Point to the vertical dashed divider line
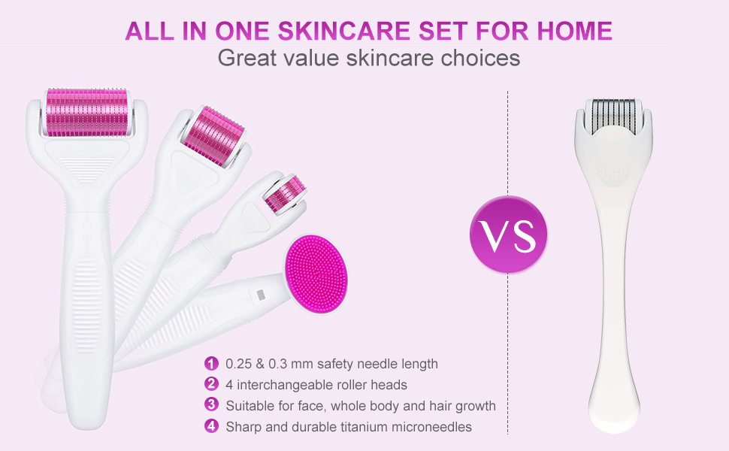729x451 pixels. click(x=508, y=338)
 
